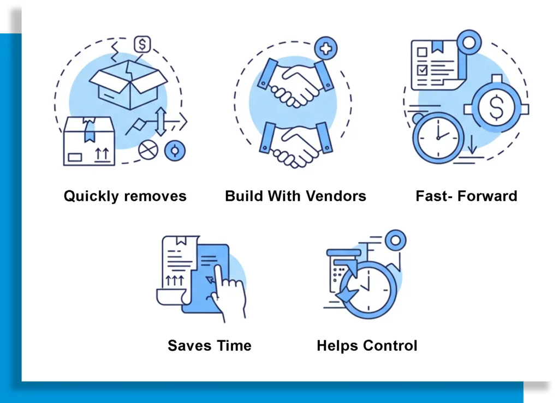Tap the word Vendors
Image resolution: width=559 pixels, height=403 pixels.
pyautogui.click(x=336, y=196)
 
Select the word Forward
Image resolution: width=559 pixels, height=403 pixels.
pyautogui.click(x=487, y=196)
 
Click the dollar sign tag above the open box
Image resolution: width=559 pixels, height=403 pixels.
pyautogui.click(x=142, y=45)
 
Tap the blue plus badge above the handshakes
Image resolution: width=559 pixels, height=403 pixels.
pyautogui.click(x=326, y=49)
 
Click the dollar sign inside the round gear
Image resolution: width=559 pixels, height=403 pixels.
pyautogui.click(x=496, y=107)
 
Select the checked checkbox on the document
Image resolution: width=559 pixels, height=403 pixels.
pyautogui.click(x=423, y=69)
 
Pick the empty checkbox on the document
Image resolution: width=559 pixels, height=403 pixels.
pyautogui.click(x=422, y=52)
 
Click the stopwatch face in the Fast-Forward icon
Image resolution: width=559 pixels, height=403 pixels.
pyautogui.click(x=438, y=138)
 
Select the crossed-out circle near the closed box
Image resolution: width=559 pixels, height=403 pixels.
pyautogui.click(x=148, y=150)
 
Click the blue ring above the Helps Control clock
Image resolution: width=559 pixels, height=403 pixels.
pyautogui.click(x=395, y=240)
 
